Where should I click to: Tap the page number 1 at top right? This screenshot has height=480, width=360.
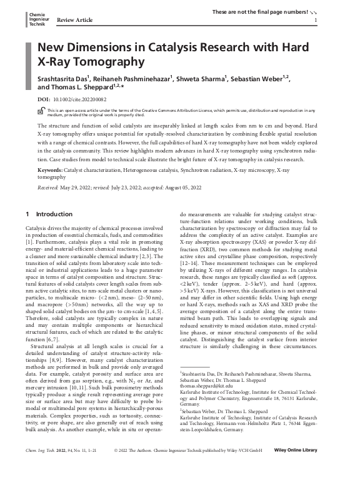[316, 20]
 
